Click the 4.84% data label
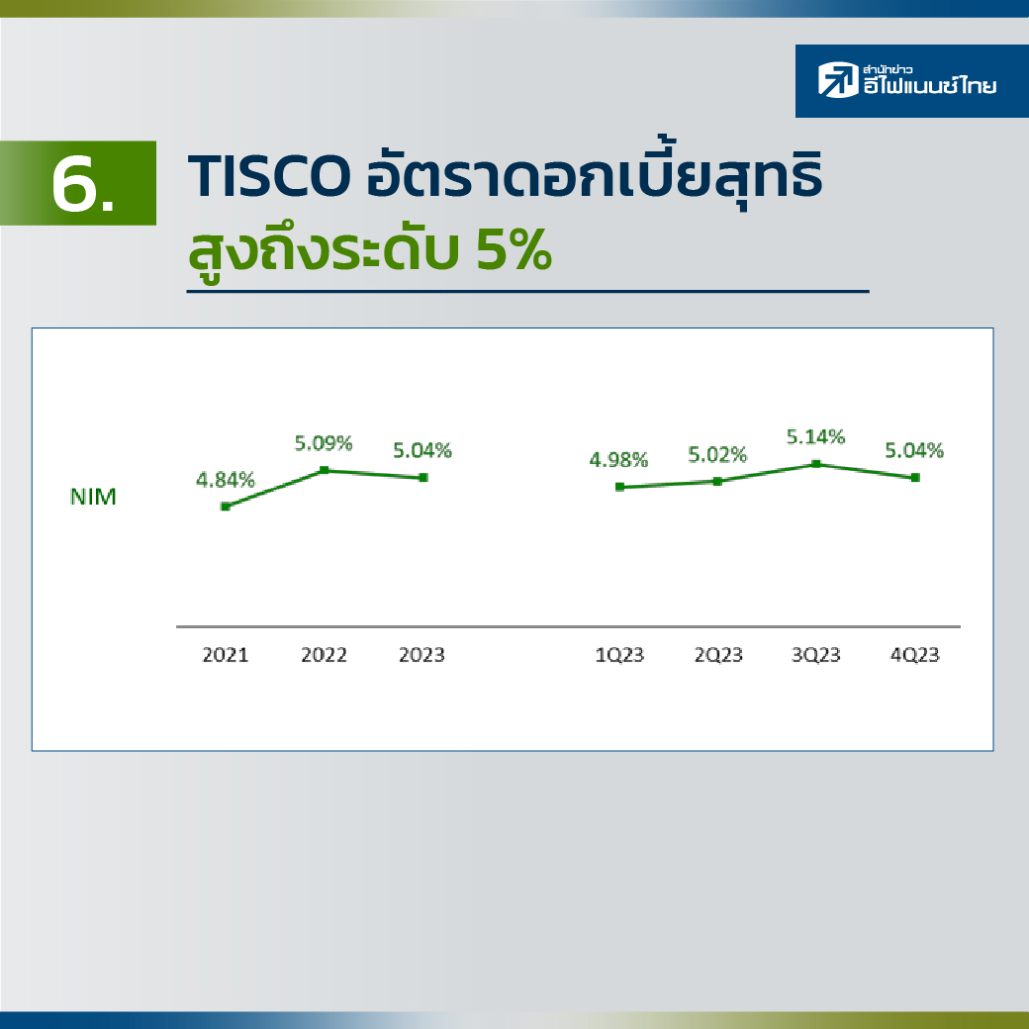(x=226, y=481)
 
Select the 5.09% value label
(x=324, y=443)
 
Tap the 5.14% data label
(x=815, y=437)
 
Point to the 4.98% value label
(x=618, y=460)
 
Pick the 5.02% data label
(x=717, y=455)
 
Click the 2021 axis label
(x=226, y=655)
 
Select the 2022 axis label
(x=324, y=655)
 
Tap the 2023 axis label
(x=421, y=655)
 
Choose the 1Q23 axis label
(x=619, y=655)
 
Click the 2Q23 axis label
(x=718, y=655)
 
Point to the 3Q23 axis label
(x=815, y=655)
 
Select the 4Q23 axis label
(x=915, y=655)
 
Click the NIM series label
(x=93, y=498)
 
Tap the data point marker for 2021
(x=226, y=507)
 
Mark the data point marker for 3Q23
(x=815, y=464)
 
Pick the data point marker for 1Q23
(x=619, y=487)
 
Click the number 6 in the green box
(x=73, y=185)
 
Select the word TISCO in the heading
(x=268, y=176)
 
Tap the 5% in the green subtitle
(x=514, y=250)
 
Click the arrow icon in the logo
(x=838, y=80)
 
